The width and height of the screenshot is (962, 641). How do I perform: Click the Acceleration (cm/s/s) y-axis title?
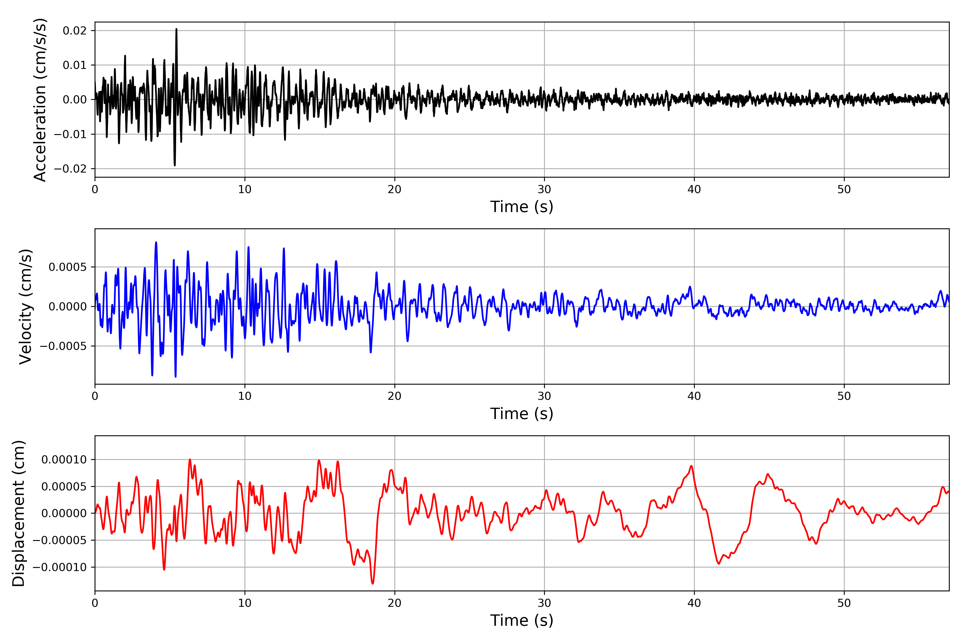pyautogui.click(x=40, y=100)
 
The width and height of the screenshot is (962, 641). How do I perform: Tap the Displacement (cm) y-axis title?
pyautogui.click(x=19, y=513)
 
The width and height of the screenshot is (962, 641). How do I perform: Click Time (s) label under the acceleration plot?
pyautogui.click(x=522, y=207)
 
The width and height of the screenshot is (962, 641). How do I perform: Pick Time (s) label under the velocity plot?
pyautogui.click(x=522, y=414)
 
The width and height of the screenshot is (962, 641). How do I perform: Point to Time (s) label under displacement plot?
pyautogui.click(x=522, y=620)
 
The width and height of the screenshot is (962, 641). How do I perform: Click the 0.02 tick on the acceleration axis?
pyautogui.click(x=75, y=31)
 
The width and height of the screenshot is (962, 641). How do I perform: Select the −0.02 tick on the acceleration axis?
pyautogui.click(x=70, y=169)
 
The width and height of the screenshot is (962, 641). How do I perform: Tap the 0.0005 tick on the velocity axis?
pyautogui.click(x=68, y=267)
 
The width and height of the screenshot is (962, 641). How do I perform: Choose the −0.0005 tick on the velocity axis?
pyautogui.click(x=63, y=346)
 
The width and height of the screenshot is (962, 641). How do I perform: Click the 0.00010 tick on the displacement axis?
pyautogui.click(x=64, y=460)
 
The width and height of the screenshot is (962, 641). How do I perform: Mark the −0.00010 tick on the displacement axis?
pyautogui.click(x=59, y=567)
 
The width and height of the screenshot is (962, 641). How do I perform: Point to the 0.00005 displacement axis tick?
pyautogui.click(x=64, y=487)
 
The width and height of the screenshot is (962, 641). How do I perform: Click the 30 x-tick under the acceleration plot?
pyautogui.click(x=544, y=190)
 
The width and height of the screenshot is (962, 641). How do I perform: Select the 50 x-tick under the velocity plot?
pyautogui.click(x=844, y=396)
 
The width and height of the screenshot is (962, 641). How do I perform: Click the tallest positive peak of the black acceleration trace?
pyautogui.click(x=176, y=29)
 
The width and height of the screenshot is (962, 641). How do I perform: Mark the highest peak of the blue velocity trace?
pyautogui.click(x=156, y=243)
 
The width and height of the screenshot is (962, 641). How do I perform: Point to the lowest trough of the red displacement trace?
pyautogui.click(x=372, y=583)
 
